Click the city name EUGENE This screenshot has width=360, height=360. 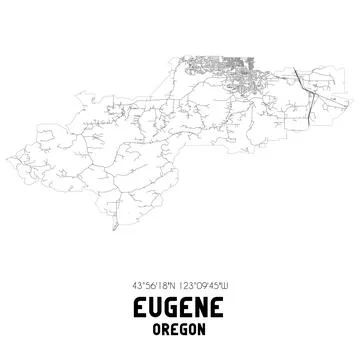180,306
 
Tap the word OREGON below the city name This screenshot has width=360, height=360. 180,328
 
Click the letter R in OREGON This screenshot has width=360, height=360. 168,328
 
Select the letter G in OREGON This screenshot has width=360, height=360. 185,328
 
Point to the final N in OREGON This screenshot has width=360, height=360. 203,328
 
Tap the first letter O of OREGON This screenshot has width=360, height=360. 158,328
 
